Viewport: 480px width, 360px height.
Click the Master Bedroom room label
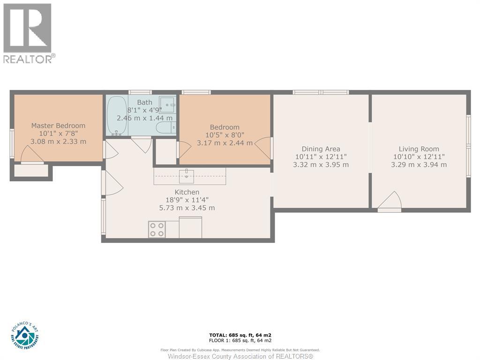pos(58,126)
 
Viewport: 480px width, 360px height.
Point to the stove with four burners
pos(157,229)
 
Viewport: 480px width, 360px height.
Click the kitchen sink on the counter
pos(187,176)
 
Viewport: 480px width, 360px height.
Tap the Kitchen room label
pos(187,192)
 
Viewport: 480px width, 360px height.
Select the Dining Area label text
pos(321,149)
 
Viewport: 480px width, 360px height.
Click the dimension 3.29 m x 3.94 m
pos(419,165)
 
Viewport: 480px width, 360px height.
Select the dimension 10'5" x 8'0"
pos(225,135)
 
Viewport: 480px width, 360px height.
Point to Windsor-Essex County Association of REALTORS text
pos(240,356)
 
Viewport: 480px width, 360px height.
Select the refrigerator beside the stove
pos(190,227)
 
